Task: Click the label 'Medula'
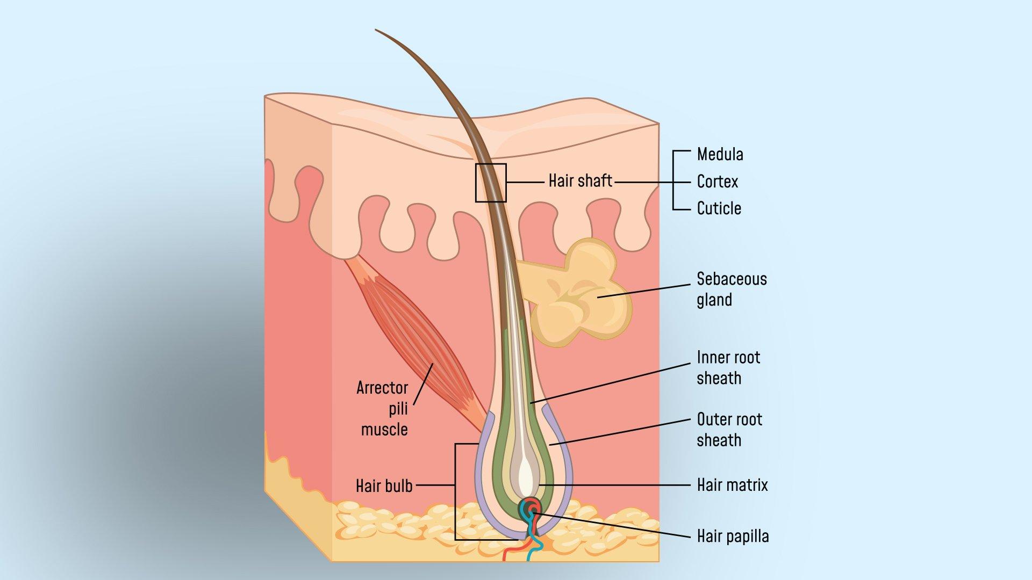[x=720, y=155]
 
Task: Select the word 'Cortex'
[x=717, y=182]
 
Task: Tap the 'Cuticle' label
[x=719, y=208]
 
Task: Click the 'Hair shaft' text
[x=580, y=181]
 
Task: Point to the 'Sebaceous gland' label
[x=732, y=289]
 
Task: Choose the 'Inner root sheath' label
[x=728, y=368]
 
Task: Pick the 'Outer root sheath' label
[x=729, y=430]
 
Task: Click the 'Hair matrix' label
[x=732, y=485]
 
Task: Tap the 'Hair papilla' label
[x=733, y=536]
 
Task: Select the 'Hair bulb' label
[x=384, y=486]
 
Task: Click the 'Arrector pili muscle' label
[x=383, y=408]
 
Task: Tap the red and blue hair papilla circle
[x=530, y=508]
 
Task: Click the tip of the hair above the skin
[x=376, y=30]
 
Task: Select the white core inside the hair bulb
[x=525, y=473]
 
